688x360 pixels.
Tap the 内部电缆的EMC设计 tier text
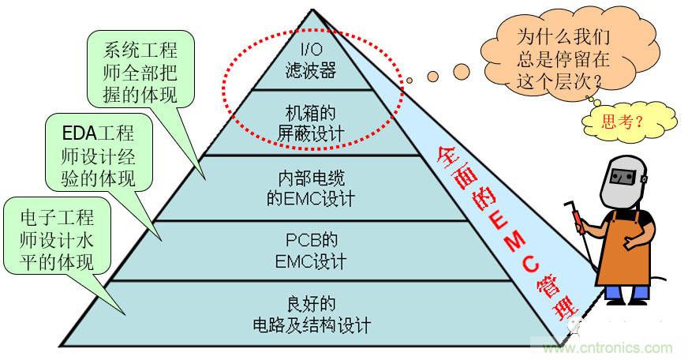pyautogui.click(x=310, y=187)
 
